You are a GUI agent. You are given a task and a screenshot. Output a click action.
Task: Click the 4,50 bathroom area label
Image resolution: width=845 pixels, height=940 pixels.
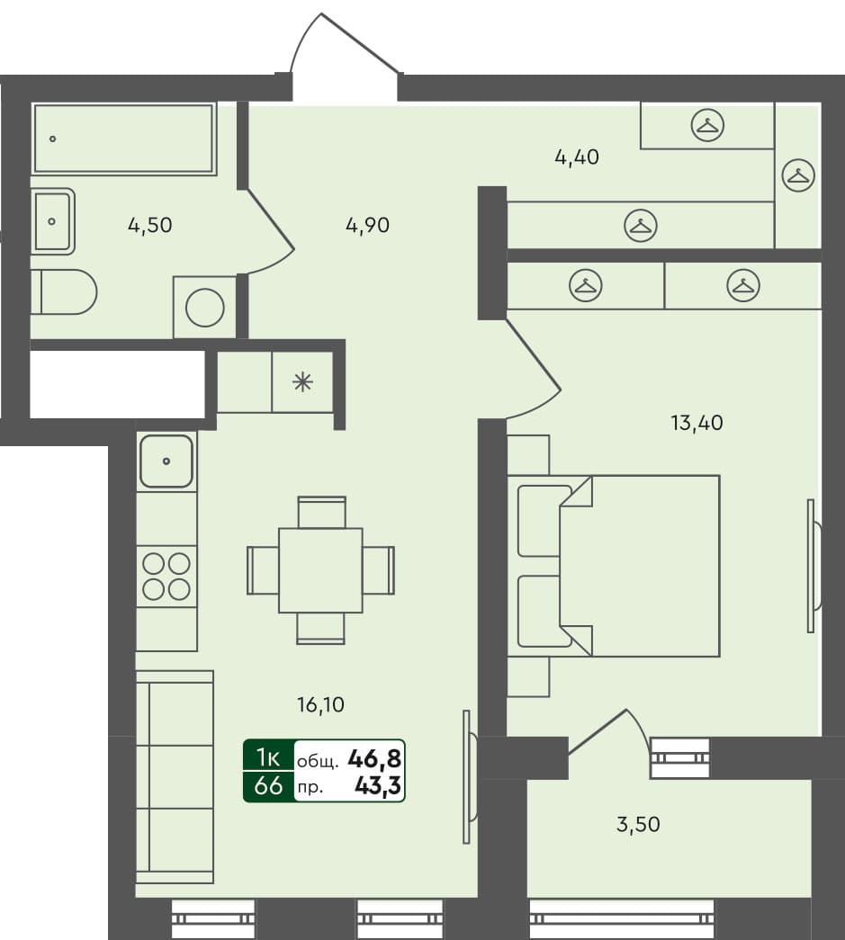149,225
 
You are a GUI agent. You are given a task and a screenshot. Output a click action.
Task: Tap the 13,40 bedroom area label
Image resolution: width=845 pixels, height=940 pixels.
697,422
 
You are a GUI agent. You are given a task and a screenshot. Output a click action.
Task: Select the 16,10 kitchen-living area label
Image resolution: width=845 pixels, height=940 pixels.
320,705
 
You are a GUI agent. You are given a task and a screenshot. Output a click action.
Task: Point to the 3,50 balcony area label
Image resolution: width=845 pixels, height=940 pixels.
638,824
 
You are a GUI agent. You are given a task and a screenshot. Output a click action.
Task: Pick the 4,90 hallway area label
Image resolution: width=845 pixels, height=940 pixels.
367,225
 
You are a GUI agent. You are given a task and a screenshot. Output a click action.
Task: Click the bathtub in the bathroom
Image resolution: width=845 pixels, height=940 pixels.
123,139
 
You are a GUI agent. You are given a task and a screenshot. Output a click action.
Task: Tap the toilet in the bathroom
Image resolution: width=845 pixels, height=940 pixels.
63,292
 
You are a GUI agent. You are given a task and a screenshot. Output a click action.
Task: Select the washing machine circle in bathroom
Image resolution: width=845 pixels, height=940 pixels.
205,308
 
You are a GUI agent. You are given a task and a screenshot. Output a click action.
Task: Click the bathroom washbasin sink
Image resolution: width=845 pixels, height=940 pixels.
53,221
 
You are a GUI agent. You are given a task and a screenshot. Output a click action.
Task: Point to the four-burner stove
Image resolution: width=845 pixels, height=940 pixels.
166,577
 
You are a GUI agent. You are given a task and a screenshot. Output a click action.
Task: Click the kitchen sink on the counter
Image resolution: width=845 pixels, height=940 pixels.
166,461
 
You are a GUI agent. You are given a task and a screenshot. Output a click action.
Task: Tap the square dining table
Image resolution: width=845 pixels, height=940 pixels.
320,570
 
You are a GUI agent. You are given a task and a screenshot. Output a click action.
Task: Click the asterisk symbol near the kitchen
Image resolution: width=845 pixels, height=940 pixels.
302,381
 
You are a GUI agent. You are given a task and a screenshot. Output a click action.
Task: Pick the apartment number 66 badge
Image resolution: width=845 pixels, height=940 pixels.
268,786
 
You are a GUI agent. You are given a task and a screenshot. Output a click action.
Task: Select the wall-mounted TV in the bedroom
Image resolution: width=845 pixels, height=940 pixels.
813,565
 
